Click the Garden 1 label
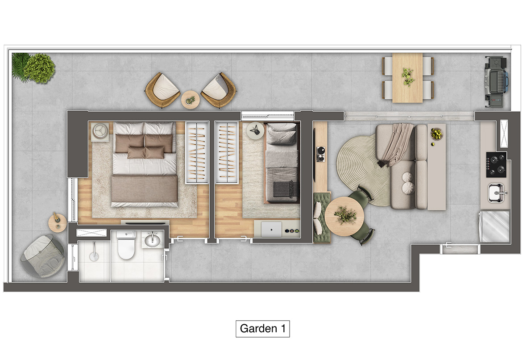pyautogui.click(x=263, y=328)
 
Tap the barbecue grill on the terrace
pyautogui.click(x=496, y=82)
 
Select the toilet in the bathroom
pyautogui.click(x=126, y=245)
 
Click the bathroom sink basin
pyautogui.click(x=153, y=239)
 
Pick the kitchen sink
pyautogui.click(x=497, y=193)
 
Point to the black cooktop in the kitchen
pyautogui.click(x=496, y=165)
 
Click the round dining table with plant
pyautogui.click(x=344, y=216)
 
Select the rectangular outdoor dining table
pyautogui.click(x=407, y=78)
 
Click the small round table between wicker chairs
pyautogui.click(x=190, y=100)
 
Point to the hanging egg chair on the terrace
pyautogui.click(x=42, y=255)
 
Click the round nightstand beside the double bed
pyautogui.click(x=100, y=131)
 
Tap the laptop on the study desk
pyautogui.click(x=271, y=230)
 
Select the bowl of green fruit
pyautogui.click(x=436, y=134)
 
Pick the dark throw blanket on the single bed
pyautogui.click(x=282, y=189)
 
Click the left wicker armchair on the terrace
pyautogui.click(x=163, y=90)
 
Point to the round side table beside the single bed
pyautogui.click(x=255, y=130)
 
